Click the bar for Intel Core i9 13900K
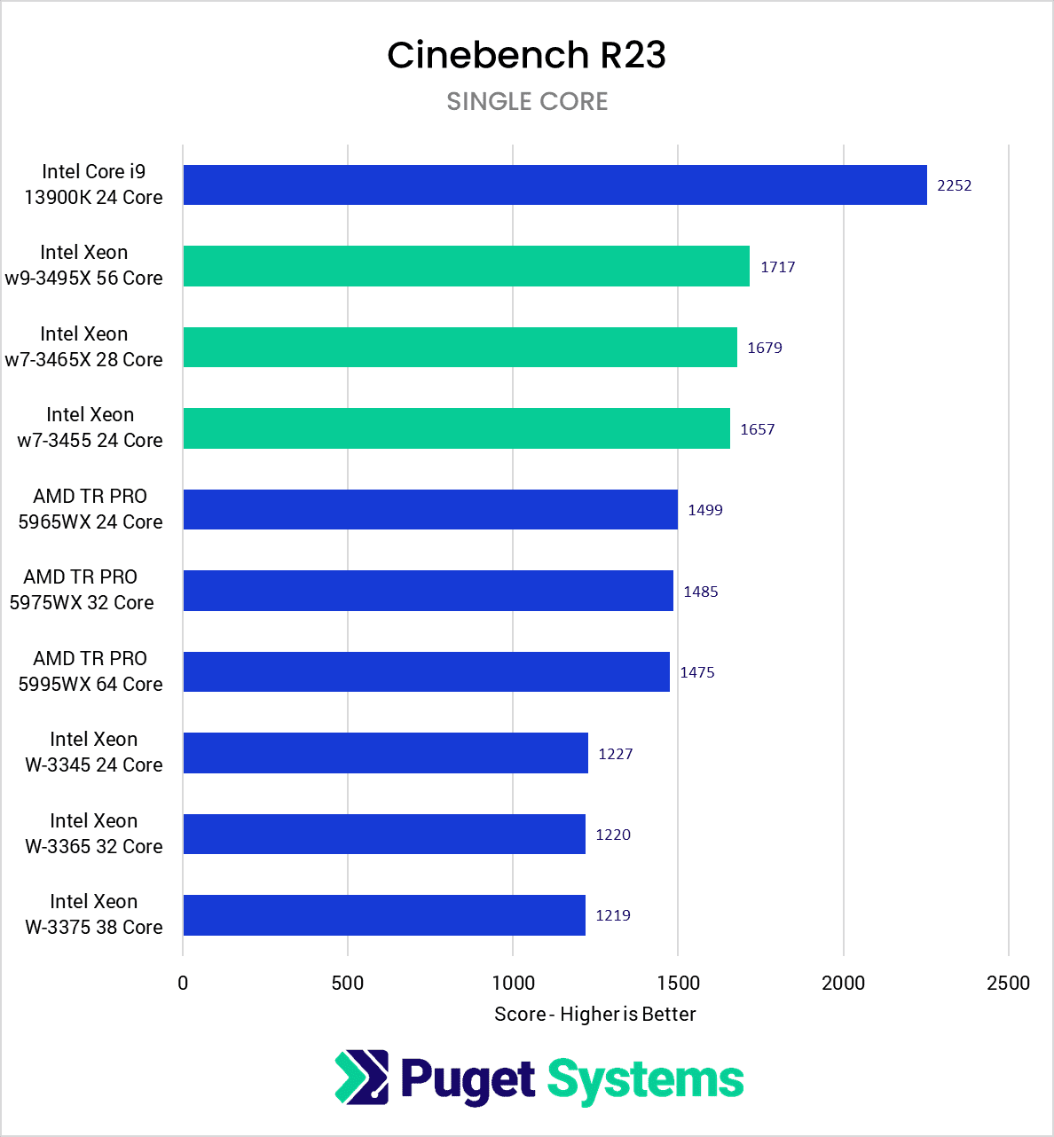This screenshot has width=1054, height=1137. pos(555,184)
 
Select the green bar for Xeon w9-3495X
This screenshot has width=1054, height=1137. pos(466,266)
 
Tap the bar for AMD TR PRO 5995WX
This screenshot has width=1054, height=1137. pos(426,671)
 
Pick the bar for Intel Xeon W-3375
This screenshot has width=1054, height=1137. pos(383,915)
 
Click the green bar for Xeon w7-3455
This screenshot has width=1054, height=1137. pos(456,428)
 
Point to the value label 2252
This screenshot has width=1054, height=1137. pos(954,185)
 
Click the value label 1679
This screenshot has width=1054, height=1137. pos(764,348)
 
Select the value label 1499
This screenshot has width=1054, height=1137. pos(704,510)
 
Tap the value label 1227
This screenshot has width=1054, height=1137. pos(615,754)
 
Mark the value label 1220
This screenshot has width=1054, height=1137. pos(612,835)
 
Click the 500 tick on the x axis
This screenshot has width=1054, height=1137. pos(348,983)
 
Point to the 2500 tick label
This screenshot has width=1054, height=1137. pos(1008,983)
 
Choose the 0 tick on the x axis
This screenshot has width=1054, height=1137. pos(183,983)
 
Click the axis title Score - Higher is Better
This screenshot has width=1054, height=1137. pos(594,1014)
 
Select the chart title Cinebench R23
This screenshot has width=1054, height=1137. pos(526,55)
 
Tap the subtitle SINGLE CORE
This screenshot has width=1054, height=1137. pos(527,101)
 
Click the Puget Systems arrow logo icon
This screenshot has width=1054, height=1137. pos(361,1078)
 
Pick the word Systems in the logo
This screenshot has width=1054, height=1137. pos(645,1079)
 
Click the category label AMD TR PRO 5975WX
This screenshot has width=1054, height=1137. pos(82,590)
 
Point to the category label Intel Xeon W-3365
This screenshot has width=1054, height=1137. pos(93,834)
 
